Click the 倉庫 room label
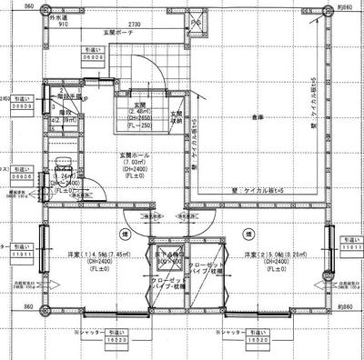[x=258, y=115]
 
